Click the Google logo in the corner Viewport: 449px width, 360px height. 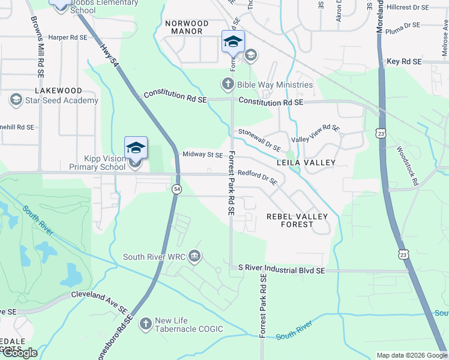pyautogui.click(x=19, y=353)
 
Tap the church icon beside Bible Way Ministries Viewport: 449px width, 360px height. pyautogui.click(x=228, y=85)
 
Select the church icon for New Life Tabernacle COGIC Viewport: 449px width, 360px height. pyautogui.click(x=145, y=325)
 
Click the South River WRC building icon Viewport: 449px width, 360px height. pyautogui.click(x=194, y=257)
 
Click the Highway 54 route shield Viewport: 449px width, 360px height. pyautogui.click(x=176, y=189)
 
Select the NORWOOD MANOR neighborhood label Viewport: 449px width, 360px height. pyautogui.click(x=187, y=28)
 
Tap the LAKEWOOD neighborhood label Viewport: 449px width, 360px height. pyautogui.click(x=58, y=91)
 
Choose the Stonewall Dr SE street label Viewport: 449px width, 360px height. pyautogui.click(x=259, y=139)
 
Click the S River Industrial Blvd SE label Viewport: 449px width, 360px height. pyautogui.click(x=282, y=271)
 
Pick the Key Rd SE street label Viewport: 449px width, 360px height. pyautogui.click(x=404, y=62)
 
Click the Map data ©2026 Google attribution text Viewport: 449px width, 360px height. pyautogui.click(x=411, y=355)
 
